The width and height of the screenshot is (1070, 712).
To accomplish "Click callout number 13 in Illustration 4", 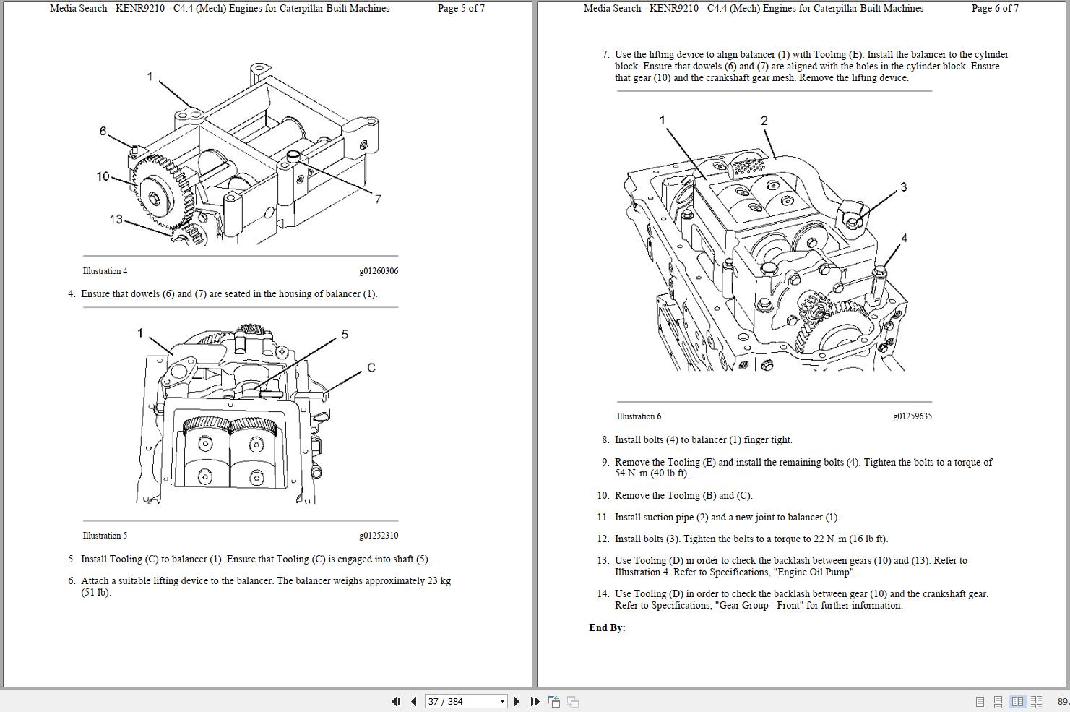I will (x=116, y=219).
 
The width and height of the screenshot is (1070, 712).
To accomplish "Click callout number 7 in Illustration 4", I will (x=377, y=199).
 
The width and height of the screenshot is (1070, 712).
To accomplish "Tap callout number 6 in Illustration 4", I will (x=103, y=131).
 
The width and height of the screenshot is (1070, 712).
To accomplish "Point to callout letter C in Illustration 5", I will (x=371, y=368).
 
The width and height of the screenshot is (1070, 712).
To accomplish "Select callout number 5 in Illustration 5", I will (x=345, y=335).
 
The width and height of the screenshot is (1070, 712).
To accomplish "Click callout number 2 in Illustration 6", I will (x=764, y=121).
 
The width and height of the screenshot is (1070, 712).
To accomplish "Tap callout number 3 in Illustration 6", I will (x=903, y=187).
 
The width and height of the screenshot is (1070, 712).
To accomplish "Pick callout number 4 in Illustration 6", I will (x=904, y=238).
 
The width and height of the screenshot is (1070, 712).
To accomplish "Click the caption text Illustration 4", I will (x=105, y=271).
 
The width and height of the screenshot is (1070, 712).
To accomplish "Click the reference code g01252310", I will (x=378, y=536).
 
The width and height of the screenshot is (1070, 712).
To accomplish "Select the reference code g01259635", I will (x=912, y=416).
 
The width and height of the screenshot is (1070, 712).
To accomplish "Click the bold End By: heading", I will (x=607, y=627).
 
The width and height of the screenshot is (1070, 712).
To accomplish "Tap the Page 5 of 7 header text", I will (x=461, y=9).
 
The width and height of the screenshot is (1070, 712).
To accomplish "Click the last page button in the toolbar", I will (x=535, y=701).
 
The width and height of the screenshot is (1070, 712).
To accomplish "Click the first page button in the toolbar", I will (x=396, y=701).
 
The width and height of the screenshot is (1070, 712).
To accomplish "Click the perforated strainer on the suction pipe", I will (x=748, y=167).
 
